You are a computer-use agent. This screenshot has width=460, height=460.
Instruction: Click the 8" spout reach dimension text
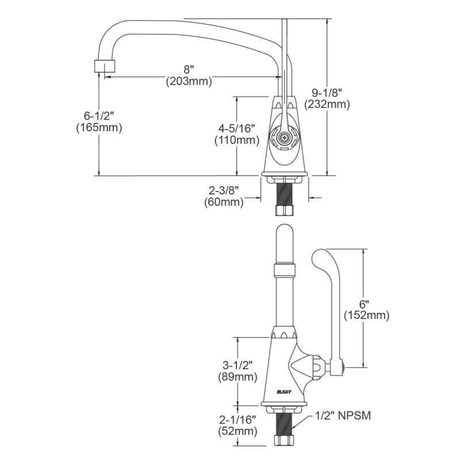[189, 70]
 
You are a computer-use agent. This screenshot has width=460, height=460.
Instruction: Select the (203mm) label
[189, 81]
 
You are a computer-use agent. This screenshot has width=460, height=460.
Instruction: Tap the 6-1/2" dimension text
[98, 116]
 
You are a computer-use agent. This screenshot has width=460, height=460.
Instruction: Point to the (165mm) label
[99, 128]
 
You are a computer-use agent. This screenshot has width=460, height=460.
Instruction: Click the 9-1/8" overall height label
[327, 93]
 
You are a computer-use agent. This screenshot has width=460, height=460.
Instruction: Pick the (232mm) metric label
[327, 105]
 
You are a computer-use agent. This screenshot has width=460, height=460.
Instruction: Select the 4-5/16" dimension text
[237, 128]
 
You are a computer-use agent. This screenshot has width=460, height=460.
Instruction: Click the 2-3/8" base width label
[224, 191]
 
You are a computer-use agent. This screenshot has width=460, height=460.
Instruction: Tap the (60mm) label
[224, 202]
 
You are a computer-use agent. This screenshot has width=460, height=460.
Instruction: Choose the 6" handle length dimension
[367, 304]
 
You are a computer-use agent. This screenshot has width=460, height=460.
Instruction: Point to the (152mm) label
[367, 315]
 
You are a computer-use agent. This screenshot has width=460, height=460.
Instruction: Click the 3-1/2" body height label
[237, 365]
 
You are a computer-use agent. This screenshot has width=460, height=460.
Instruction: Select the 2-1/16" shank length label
[237, 420]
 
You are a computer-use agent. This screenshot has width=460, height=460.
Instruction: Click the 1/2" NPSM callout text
[343, 415]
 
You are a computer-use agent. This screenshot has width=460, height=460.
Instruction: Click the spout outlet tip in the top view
[105, 66]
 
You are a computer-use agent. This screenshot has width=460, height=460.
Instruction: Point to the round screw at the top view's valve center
[283, 136]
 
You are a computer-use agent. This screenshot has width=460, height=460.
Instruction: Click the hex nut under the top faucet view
[284, 210]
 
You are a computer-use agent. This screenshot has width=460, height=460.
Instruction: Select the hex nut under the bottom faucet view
[283, 440]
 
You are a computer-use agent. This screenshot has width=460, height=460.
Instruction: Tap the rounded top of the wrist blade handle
[322, 256]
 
